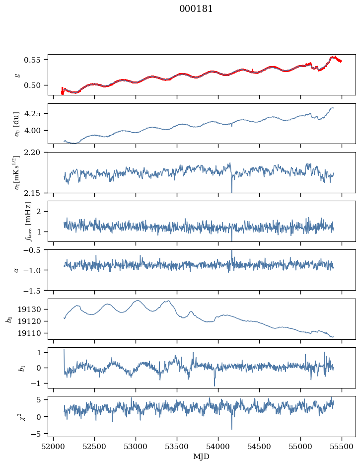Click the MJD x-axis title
[201, 457]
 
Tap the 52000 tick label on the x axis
[54, 447]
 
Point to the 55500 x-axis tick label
[341, 447]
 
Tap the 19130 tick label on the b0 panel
[33, 310]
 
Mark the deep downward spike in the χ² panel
[231, 428]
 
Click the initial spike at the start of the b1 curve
[64, 350]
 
